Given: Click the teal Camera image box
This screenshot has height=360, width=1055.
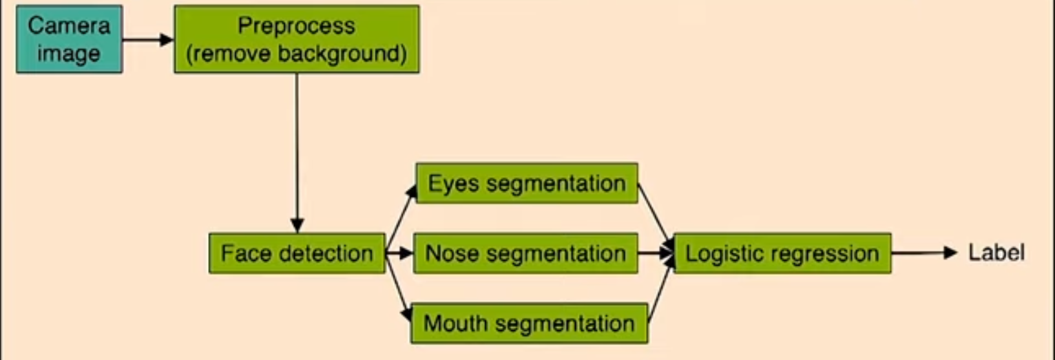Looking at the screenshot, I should click(69, 39).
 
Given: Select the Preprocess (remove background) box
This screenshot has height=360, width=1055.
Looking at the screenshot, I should click(297, 39).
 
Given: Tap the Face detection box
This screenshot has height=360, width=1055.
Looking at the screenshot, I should click(297, 253).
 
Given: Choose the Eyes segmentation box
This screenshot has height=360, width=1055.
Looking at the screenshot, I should click(527, 184).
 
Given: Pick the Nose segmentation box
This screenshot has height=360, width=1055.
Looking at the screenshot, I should click(525, 253).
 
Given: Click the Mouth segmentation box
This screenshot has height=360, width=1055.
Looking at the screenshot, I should click(529, 323).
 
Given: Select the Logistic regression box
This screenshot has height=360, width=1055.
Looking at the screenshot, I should click(782, 253).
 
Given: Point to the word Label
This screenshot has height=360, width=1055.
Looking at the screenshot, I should click(996, 253).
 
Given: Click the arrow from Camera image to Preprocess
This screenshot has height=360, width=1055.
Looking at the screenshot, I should click(148, 39).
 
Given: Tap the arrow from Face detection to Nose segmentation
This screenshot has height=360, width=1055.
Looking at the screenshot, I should click(399, 253).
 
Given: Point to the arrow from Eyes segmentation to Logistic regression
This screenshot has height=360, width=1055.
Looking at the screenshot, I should click(655, 215).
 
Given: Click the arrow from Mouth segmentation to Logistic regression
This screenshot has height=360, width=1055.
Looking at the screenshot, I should click(660, 291).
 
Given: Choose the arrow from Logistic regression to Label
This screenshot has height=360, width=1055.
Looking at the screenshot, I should click(924, 253).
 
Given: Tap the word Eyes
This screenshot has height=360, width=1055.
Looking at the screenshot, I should click(454, 184).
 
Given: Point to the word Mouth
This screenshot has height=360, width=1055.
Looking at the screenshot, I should click(453, 323).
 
